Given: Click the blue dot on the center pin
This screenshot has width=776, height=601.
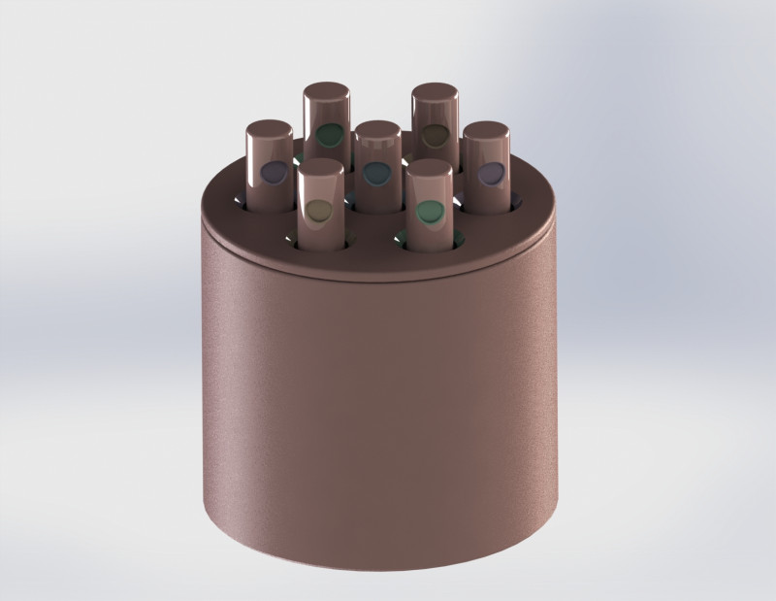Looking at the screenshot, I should (376, 173).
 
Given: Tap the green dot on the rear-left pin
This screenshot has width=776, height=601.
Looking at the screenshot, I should (330, 134).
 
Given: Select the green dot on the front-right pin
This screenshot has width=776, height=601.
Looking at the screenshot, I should (429, 210).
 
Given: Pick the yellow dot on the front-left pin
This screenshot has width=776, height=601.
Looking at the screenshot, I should (317, 209).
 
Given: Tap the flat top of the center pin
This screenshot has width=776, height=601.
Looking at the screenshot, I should (377, 130).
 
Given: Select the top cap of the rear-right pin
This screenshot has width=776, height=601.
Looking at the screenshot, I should (436, 92).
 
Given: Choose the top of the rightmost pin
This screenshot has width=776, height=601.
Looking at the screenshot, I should (487, 130).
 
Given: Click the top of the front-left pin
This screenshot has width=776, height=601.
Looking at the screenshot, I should (321, 167).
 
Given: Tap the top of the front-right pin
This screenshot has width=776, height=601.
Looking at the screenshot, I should (430, 168).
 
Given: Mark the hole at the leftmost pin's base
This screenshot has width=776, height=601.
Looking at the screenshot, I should (242, 201).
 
